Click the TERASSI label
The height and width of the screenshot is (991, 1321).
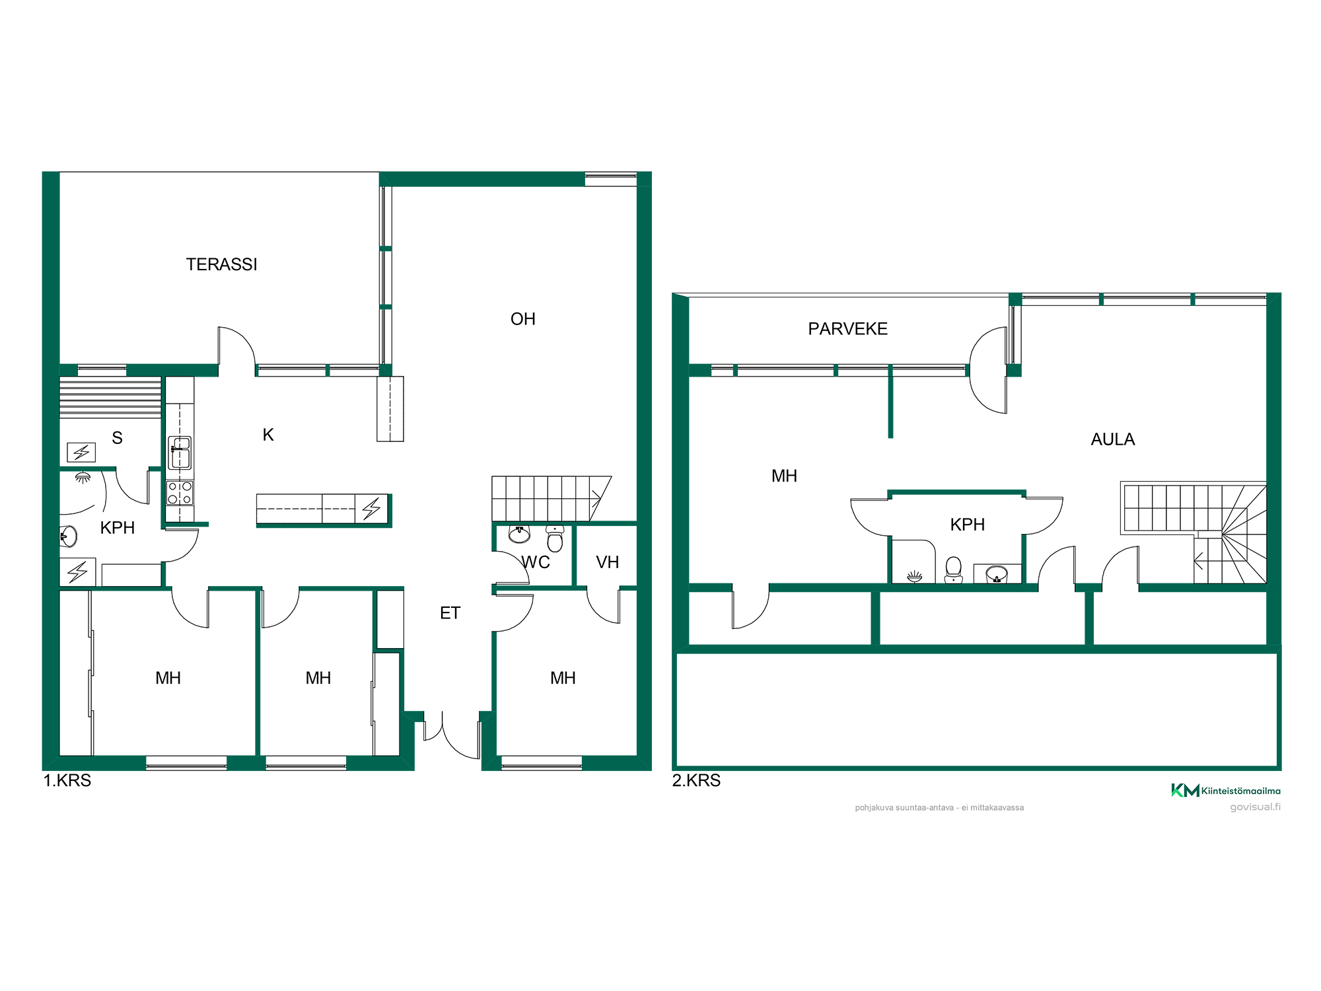(x=221, y=264)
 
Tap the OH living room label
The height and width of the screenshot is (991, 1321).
(x=523, y=319)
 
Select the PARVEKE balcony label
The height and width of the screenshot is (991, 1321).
(x=847, y=329)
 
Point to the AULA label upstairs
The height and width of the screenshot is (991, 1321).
(x=1112, y=439)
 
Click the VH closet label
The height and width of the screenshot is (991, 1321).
(x=608, y=562)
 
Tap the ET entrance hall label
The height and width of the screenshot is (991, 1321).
(x=450, y=613)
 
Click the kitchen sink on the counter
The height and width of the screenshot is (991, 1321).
(x=180, y=453)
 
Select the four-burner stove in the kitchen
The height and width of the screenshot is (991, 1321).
(x=180, y=493)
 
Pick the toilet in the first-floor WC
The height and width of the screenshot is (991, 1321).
(x=555, y=538)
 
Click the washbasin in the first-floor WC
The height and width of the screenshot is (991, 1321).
(x=520, y=533)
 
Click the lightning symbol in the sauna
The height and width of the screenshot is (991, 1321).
(x=81, y=453)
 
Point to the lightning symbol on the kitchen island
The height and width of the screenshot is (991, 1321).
(x=371, y=509)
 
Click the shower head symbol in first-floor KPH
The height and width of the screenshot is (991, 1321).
(x=83, y=477)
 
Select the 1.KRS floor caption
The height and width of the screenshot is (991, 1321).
(x=67, y=780)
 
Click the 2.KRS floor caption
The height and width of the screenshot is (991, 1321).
(x=696, y=780)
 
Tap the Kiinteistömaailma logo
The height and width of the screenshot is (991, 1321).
(x=1226, y=790)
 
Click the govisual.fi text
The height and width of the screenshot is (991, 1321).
(x=1255, y=807)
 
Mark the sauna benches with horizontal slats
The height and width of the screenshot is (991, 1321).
(x=110, y=397)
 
